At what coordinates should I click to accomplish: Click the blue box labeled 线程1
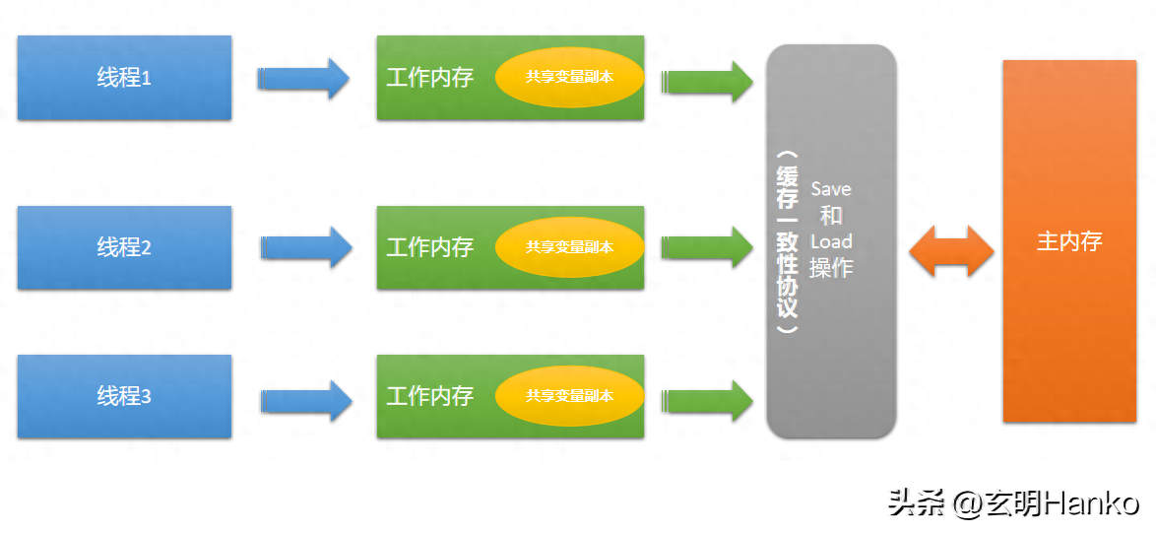(124, 78)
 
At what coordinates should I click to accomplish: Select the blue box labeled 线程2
(124, 247)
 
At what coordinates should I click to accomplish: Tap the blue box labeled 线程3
(124, 396)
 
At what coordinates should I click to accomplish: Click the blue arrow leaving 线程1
(303, 79)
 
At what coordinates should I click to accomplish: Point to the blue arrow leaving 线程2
(305, 247)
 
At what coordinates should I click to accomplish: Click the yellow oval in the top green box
(569, 76)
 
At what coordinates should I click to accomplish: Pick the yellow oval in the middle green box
(569, 247)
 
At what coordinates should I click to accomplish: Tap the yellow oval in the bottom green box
(569, 396)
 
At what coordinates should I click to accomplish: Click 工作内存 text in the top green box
(429, 78)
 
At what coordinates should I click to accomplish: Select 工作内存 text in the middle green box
(429, 247)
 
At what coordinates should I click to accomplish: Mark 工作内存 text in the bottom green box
(429, 396)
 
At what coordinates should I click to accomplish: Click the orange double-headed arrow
(951, 250)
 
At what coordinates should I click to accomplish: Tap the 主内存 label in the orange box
(1069, 241)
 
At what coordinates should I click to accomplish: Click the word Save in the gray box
(830, 189)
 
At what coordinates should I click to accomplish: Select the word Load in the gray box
(830, 241)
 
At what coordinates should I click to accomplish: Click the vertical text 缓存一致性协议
(787, 242)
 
